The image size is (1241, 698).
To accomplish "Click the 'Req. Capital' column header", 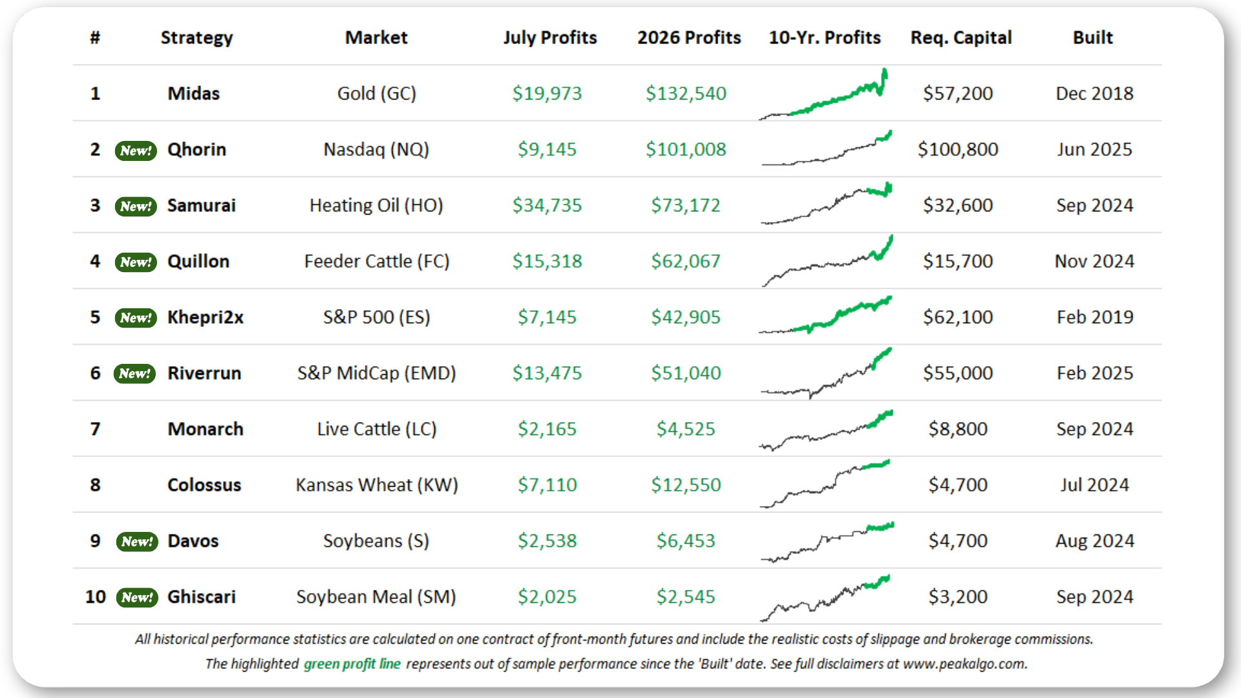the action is [961, 37].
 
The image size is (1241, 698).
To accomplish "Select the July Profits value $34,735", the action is [547, 206].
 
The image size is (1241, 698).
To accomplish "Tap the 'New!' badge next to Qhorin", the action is [136, 151].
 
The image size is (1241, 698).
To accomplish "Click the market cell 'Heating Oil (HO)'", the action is [376, 206].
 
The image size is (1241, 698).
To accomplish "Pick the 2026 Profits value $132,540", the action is [686, 94].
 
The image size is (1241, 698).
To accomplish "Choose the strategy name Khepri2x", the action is [206, 317].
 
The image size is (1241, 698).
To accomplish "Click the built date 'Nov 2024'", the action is [1094, 261].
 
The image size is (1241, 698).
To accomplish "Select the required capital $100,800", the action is [958, 149].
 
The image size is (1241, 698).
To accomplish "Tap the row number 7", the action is [95, 429].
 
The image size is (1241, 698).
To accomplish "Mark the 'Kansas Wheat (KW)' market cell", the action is [377, 485].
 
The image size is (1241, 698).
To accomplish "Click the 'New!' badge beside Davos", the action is [137, 542].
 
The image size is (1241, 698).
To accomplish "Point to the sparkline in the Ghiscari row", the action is [825, 598].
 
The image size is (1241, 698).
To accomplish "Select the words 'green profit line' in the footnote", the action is [352, 664].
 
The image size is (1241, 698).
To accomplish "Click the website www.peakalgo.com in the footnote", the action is [964, 664].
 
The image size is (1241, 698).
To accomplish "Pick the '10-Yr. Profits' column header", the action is [825, 37].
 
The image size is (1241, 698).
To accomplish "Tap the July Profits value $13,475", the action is [547, 374].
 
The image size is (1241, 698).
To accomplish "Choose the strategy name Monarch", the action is [206, 429].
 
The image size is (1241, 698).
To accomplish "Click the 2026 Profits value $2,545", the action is [686, 597].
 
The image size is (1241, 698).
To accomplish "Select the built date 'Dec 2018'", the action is [1094, 94].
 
